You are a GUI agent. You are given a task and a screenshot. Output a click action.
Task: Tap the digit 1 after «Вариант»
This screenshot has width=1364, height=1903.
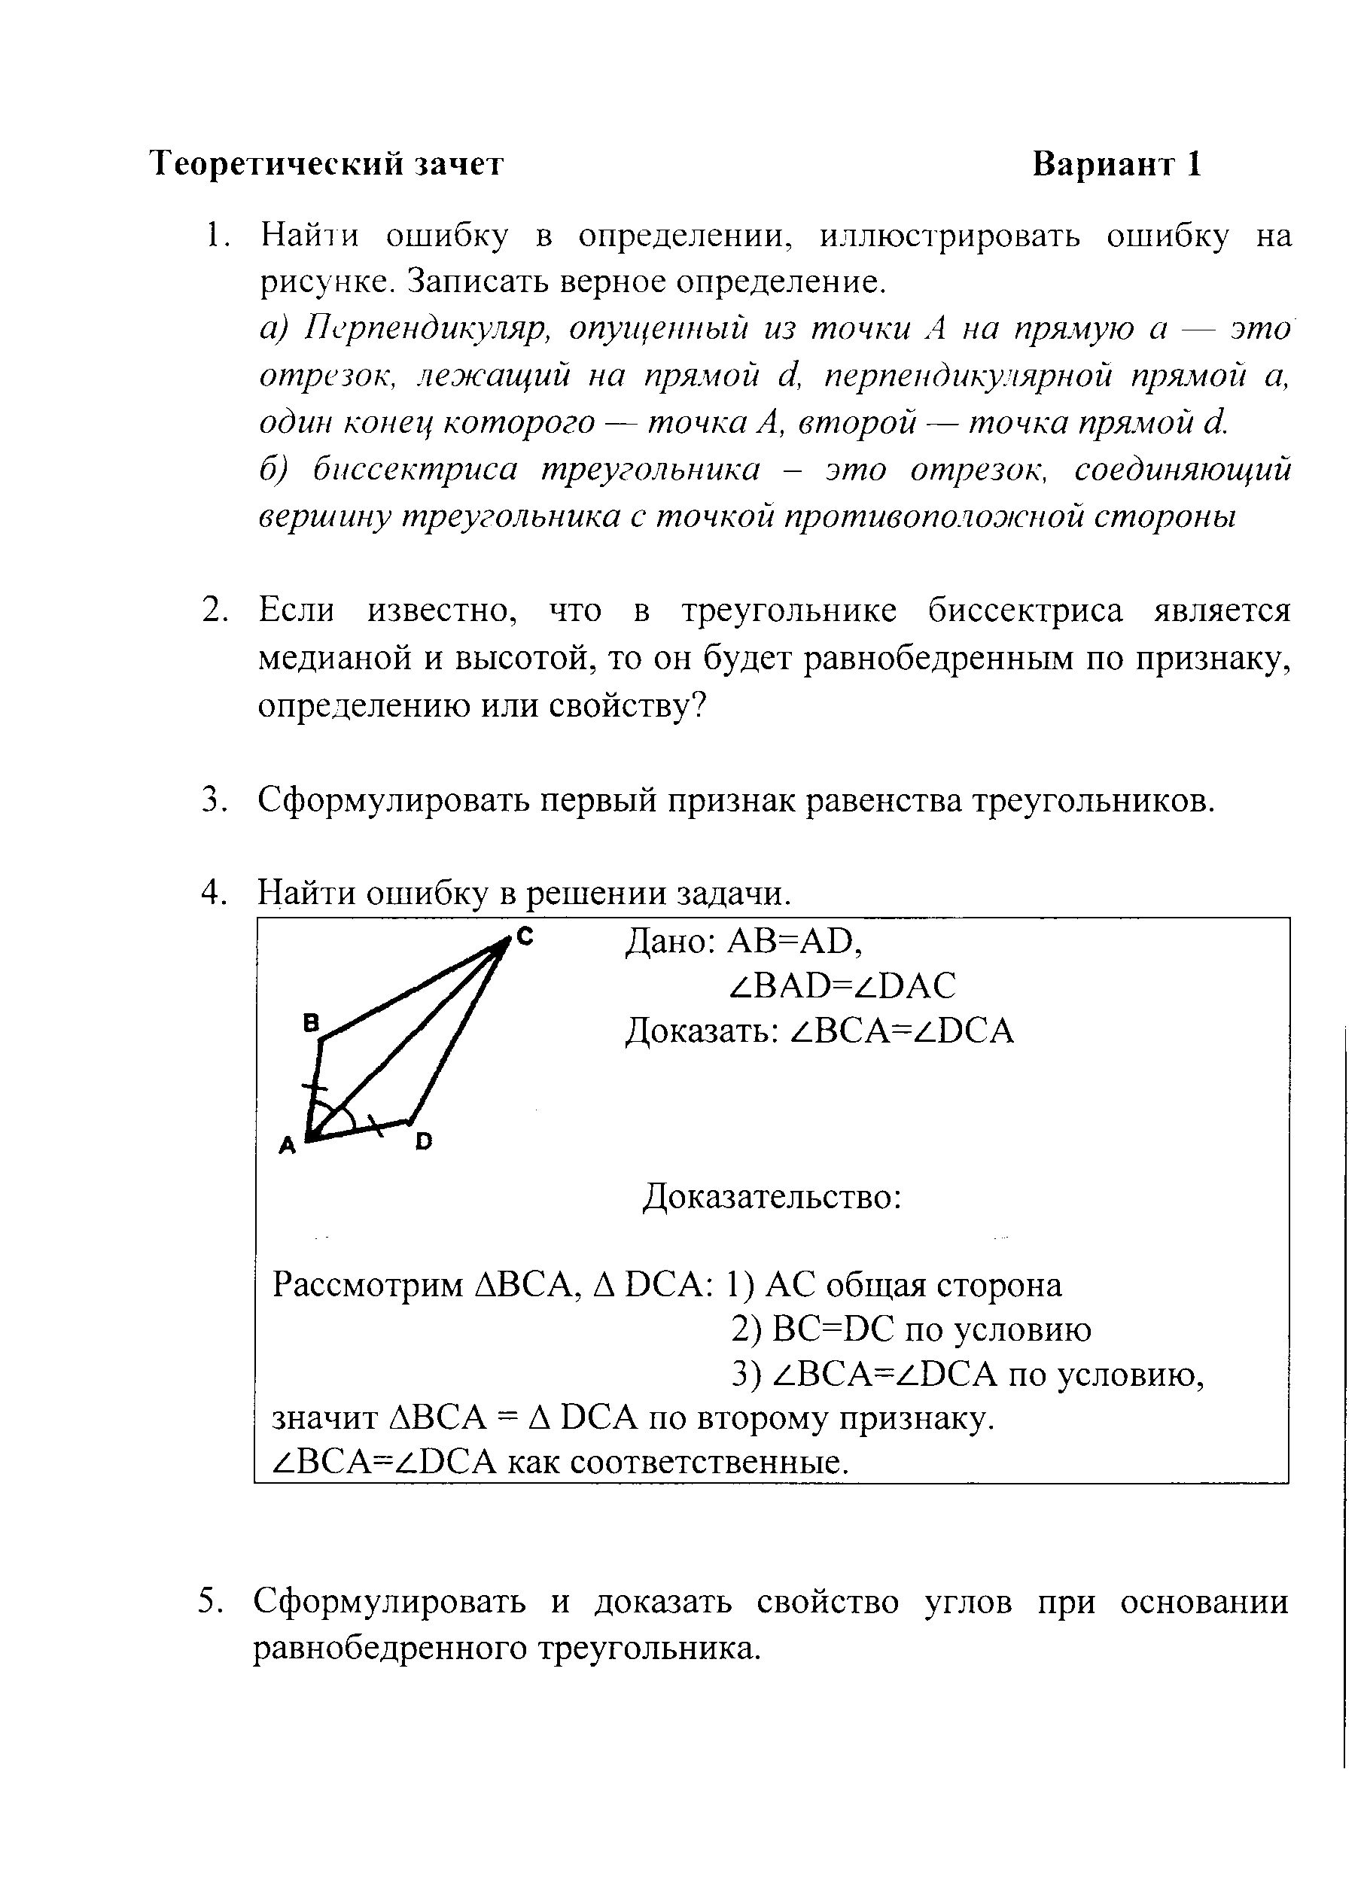(x=1193, y=164)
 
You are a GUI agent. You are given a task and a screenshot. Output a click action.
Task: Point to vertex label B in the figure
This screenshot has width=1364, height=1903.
(x=310, y=1023)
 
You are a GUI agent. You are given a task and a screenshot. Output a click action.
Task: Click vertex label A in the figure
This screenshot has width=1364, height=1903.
(x=288, y=1145)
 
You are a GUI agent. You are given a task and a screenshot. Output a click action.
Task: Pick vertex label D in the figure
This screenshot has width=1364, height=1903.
(x=424, y=1141)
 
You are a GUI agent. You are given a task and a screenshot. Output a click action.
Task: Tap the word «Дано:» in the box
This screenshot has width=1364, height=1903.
(x=669, y=942)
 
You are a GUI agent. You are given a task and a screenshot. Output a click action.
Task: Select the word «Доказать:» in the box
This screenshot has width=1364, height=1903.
(x=702, y=1031)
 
